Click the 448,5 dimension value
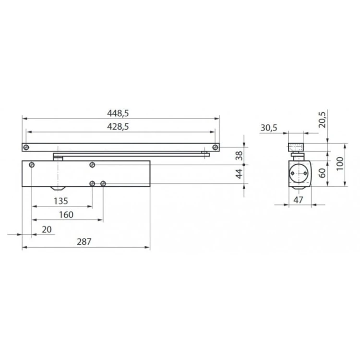coord(118,113)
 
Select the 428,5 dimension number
coord(118,127)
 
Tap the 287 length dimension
coord(84,241)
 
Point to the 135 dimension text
coord(61,201)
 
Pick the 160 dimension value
coord(66,215)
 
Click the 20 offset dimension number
coord(47,229)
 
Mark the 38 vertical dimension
coord(239,156)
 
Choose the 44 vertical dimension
coord(239,174)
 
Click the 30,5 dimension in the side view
coord(269,128)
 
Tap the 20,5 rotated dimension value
coord(322,120)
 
